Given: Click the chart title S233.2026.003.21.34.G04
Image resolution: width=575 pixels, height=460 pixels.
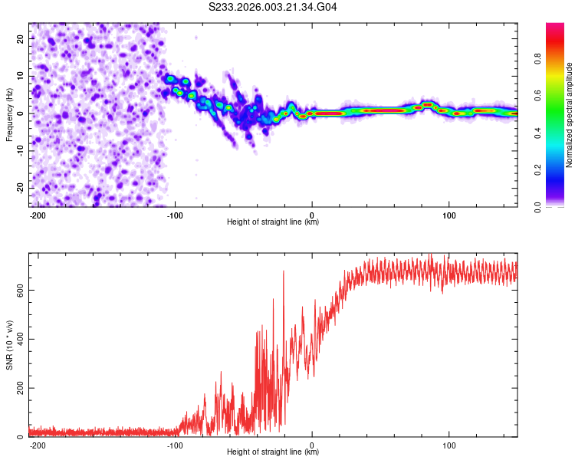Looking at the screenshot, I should point(274,7).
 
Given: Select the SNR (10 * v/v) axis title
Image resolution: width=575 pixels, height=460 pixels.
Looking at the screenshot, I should point(9,346).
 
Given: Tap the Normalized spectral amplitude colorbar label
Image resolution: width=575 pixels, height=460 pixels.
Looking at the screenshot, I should point(570,115).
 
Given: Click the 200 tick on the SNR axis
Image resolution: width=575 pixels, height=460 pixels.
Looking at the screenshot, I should point(17,388).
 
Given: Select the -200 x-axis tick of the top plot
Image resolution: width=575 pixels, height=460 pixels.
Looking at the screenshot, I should point(38,214).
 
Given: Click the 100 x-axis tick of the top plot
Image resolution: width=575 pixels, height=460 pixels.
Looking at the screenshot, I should point(449,214).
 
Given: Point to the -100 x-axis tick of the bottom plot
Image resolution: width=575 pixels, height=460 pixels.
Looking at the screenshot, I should point(175,445).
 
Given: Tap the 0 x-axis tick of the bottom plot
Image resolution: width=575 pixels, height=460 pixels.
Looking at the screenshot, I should point(312,445).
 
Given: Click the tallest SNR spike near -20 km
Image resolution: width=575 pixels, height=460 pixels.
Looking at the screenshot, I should point(284,271).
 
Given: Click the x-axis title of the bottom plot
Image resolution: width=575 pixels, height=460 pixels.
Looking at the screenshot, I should point(273,452).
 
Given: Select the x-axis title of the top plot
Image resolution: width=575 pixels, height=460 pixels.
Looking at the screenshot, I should point(273,222).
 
